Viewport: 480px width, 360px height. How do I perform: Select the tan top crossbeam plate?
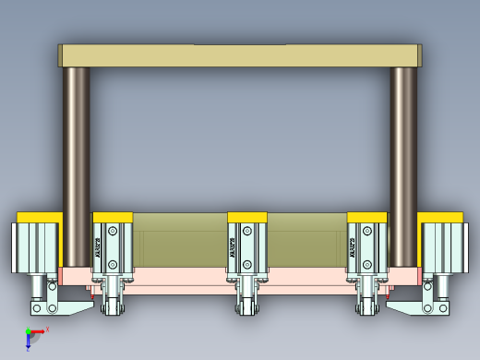tap(240, 55)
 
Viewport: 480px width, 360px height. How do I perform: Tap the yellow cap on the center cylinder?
tap(247, 218)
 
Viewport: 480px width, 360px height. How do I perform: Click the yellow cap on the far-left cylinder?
tap(39, 217)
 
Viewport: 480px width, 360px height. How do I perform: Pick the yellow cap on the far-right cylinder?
tap(440, 217)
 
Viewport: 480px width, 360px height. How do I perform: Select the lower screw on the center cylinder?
tap(247, 265)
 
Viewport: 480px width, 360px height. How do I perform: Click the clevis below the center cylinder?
tap(247, 300)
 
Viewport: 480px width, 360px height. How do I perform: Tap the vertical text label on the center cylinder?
tap(233, 247)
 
